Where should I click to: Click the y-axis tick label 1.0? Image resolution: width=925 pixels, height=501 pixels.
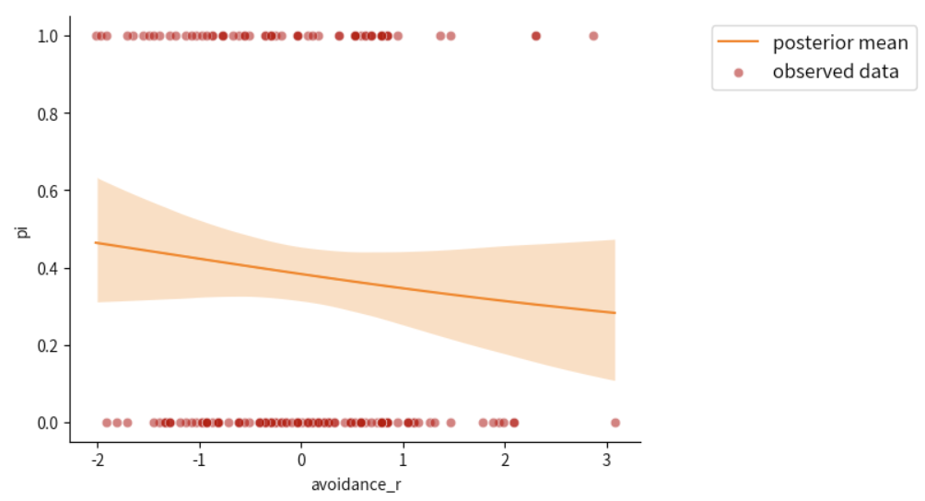(48, 36)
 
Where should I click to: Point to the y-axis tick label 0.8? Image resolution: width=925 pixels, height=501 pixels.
(48, 113)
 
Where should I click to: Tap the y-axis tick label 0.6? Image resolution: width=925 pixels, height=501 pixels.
(48, 191)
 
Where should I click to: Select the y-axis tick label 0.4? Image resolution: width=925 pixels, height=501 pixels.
(48, 268)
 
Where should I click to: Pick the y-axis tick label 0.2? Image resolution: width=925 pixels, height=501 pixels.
(48, 345)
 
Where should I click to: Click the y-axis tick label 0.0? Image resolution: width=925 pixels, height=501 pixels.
(48, 423)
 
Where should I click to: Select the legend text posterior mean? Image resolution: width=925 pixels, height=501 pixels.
(840, 42)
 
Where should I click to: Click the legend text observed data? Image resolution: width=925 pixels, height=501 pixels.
(836, 71)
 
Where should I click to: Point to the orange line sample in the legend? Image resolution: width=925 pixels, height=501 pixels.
(738, 42)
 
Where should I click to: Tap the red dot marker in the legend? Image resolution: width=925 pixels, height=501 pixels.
(738, 72)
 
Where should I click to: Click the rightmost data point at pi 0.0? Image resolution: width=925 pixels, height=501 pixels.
(615, 423)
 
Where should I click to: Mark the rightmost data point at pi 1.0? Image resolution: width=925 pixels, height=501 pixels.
(593, 36)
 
